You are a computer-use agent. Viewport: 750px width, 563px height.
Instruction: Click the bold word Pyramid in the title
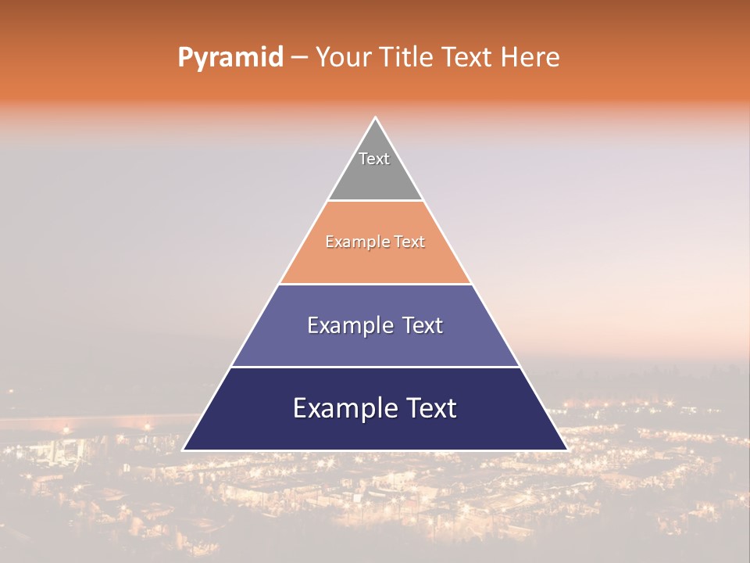pos(230,58)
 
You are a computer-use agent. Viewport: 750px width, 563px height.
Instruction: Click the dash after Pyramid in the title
pos(299,58)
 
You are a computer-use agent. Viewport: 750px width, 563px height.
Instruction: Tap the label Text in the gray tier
pos(374,159)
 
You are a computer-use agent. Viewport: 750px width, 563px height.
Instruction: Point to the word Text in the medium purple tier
pos(423,325)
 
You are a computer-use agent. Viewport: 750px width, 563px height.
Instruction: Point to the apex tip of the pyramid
pos(375,119)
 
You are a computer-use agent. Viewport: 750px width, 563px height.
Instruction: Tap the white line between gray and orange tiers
pos(375,201)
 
